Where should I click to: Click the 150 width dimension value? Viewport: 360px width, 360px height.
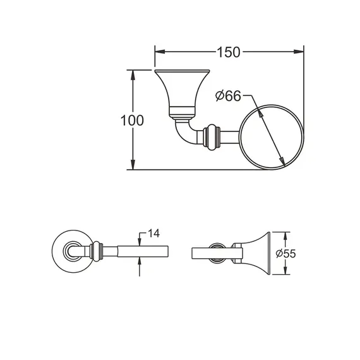[x=229, y=52]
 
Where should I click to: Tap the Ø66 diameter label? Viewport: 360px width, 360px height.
[x=228, y=96]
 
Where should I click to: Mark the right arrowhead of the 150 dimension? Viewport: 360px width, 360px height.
[x=300, y=52]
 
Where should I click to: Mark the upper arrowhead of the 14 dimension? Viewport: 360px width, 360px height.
[x=140, y=241]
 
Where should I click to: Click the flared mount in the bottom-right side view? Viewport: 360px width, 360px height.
[x=256, y=252]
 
